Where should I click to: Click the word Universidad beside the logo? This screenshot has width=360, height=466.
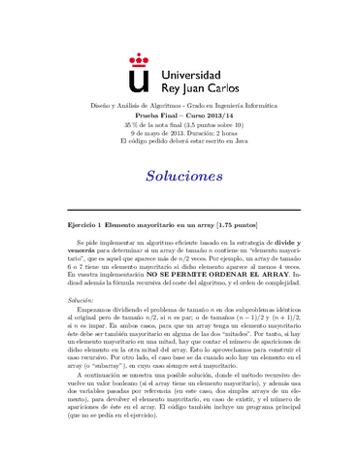click(189, 58)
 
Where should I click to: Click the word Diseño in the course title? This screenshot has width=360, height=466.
click(102, 103)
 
